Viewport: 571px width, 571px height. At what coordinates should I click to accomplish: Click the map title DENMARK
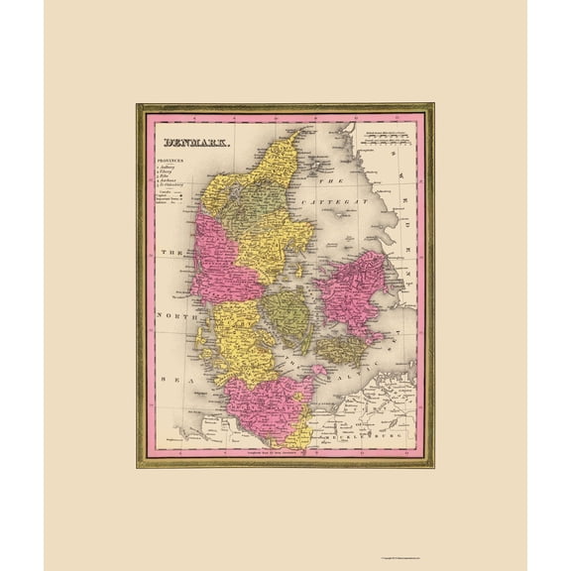pyautogui.click(x=188, y=143)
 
